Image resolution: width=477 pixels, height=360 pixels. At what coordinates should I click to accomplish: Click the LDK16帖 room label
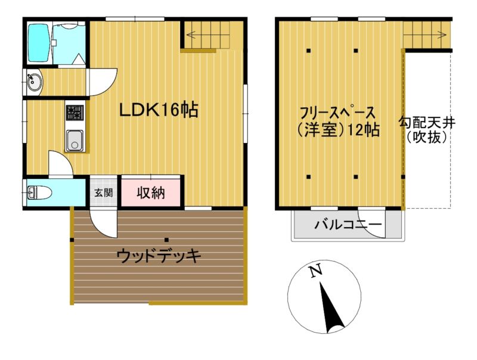(159, 110)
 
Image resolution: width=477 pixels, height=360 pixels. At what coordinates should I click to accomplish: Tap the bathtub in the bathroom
(39, 43)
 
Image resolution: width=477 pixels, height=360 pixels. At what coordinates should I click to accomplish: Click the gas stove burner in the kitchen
(75, 113)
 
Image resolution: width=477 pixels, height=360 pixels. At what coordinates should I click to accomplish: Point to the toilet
(39, 193)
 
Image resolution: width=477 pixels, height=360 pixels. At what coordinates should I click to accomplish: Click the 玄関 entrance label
(103, 193)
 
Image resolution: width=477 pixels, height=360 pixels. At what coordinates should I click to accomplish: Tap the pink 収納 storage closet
(151, 193)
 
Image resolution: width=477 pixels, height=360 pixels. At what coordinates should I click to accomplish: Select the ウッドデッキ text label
(159, 256)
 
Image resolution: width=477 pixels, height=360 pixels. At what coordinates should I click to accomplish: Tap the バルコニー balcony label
(348, 225)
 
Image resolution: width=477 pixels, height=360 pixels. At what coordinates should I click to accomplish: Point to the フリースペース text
(337, 113)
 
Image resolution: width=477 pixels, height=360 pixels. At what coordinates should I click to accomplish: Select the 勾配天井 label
(427, 123)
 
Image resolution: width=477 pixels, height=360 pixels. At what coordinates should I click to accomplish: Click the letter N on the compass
(315, 271)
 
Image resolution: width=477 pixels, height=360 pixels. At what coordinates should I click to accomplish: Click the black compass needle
(331, 307)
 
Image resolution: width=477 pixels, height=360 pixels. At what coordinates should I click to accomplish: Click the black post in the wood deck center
(167, 240)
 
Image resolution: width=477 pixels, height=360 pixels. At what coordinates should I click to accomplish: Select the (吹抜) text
(427, 138)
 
